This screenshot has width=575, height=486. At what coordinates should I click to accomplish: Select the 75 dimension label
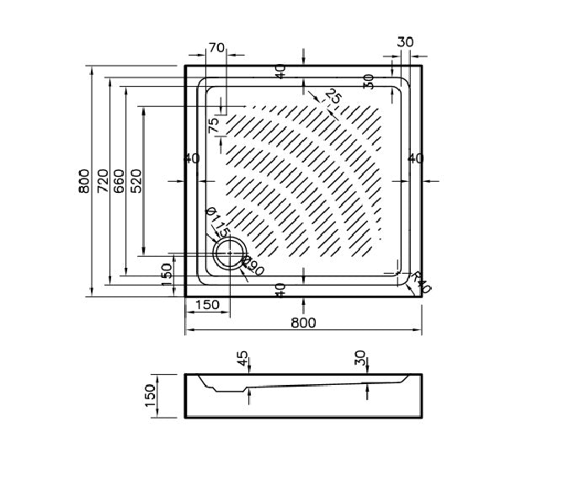point(214,124)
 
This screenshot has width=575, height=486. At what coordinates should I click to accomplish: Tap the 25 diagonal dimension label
point(332,97)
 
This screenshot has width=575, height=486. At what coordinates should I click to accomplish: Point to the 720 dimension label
point(102,180)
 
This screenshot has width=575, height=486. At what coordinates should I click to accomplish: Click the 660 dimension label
point(120,180)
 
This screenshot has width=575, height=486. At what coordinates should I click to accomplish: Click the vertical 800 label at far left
point(83,180)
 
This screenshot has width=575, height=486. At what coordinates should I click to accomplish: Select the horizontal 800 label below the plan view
point(303,323)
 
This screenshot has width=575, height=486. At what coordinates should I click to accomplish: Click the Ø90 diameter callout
point(253,269)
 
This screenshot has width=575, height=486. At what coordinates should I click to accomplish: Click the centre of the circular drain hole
point(228,253)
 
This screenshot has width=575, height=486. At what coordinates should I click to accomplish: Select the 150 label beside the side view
point(151,395)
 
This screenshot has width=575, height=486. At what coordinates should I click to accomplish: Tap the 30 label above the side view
point(360,360)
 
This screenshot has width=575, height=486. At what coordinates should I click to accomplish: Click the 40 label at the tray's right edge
point(415,158)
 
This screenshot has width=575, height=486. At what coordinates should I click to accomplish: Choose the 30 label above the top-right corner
point(405,42)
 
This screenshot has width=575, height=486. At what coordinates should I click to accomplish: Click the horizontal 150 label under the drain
point(207,304)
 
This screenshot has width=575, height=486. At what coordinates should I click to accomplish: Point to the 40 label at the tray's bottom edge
point(280,289)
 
